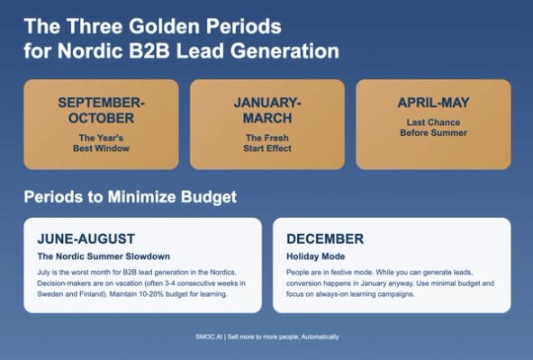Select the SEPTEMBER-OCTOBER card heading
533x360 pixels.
(101, 110)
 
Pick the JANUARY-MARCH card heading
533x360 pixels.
(267, 110)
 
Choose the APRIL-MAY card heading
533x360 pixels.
(433, 103)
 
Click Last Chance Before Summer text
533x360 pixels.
(433, 127)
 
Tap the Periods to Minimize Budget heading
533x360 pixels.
(131, 197)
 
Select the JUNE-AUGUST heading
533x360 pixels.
(86, 239)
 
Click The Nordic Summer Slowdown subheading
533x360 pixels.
(104, 256)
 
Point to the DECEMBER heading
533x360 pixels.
(325, 239)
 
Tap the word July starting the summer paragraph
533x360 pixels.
(45, 271)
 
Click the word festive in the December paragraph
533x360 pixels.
(342, 271)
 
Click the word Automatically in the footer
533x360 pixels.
(316, 337)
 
